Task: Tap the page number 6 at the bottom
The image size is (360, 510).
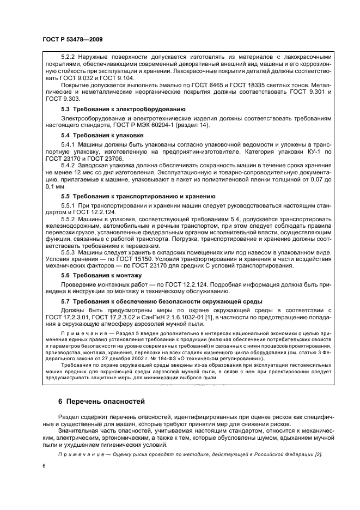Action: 44,466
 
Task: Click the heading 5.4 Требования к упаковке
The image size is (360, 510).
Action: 101,134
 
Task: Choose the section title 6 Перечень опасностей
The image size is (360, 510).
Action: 101,402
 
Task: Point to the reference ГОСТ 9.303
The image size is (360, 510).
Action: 56,99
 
